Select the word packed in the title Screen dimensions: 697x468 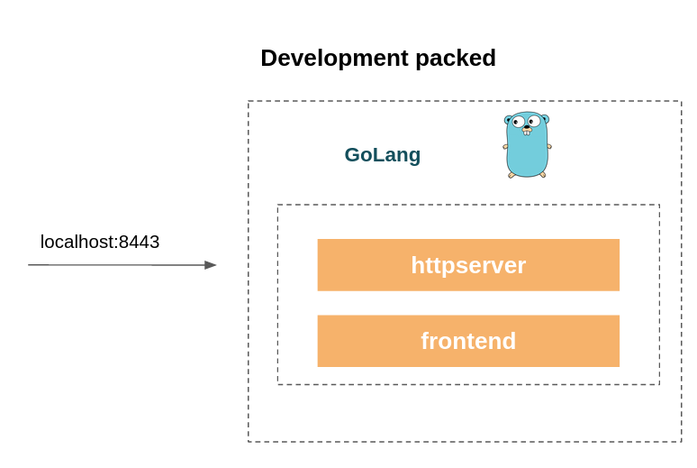[x=456, y=59]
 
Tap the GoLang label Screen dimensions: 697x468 [x=383, y=155]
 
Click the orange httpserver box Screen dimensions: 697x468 [x=468, y=265]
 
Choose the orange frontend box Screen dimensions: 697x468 [x=468, y=341]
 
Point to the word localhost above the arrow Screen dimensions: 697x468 [x=78, y=242]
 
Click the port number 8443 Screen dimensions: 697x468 [x=140, y=242]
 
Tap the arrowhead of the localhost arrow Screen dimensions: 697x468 [x=210, y=265]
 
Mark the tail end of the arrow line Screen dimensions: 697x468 [x=29, y=265]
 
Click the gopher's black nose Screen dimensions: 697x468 [x=527, y=128]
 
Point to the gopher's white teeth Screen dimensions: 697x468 [x=527, y=133]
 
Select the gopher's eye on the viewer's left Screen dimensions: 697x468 [x=518, y=121]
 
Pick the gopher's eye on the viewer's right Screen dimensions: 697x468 [x=534, y=120]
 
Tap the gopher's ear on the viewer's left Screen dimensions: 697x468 [x=508, y=119]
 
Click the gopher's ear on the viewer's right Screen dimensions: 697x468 [x=546, y=118]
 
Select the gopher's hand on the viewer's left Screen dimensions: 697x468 [x=505, y=146]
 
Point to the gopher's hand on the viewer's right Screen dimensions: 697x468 [x=549, y=146]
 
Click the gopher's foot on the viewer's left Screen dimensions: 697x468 [x=511, y=175]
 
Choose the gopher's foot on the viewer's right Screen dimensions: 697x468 [x=542, y=175]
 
